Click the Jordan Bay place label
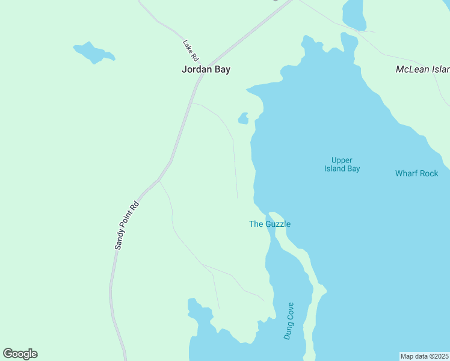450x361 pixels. pyautogui.click(x=206, y=69)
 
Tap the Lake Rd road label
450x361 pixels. pyautogui.click(x=191, y=51)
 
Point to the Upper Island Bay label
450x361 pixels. pyautogui.click(x=342, y=164)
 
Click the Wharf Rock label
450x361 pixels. pyautogui.click(x=416, y=173)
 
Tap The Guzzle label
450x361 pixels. pyautogui.click(x=270, y=224)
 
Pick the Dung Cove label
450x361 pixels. pyautogui.click(x=289, y=321)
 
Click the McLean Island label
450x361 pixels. pyautogui.click(x=421, y=69)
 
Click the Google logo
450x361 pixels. pyautogui.click(x=20, y=354)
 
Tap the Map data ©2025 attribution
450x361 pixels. pyautogui.click(x=424, y=356)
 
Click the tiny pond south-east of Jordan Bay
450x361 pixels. pyautogui.click(x=244, y=119)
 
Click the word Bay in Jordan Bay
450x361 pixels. pyautogui.click(x=221, y=69)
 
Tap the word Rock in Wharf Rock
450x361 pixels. pyautogui.click(x=428, y=173)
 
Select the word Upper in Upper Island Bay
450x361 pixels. pyautogui.click(x=342, y=160)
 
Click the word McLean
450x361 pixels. pyautogui.click(x=411, y=69)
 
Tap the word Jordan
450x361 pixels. pyautogui.click(x=196, y=69)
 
